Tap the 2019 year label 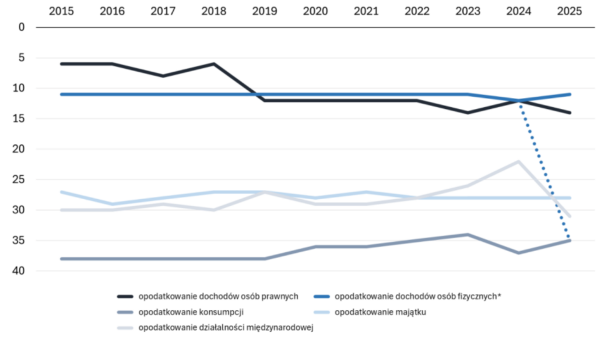point(265,11)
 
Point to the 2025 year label point(570,11)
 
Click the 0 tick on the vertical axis point(22,27)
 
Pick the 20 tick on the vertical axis point(20,149)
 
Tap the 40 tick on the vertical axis point(20,271)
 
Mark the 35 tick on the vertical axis point(20,241)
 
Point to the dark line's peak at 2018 point(213,63)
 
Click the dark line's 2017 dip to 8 point(163,76)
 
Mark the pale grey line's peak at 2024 point(519,161)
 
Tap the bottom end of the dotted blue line point(570,240)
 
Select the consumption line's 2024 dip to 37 point(519,253)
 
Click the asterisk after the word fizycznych point(499,295)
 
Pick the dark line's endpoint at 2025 point(570,112)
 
